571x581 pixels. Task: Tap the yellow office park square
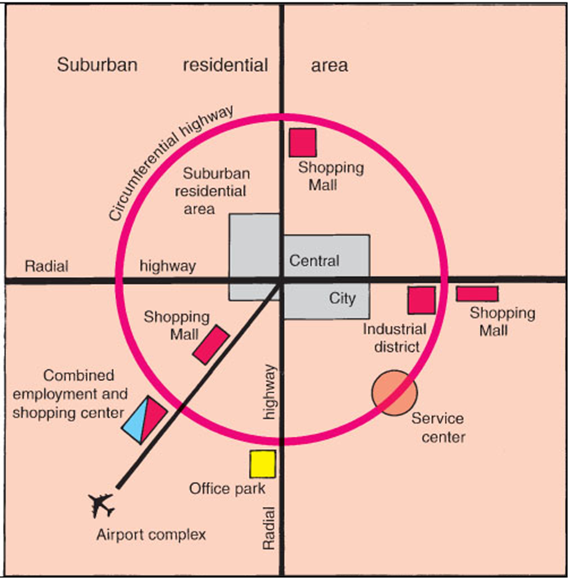coord(263,464)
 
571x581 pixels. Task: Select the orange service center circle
coord(395,392)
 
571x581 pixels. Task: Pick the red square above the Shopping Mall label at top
coord(303,141)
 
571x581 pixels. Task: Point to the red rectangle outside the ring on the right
coord(477,294)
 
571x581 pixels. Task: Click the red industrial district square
coord(421,300)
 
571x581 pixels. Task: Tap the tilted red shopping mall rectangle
coord(211,345)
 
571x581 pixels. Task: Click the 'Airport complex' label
coord(152,535)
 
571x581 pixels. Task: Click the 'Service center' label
coord(438,428)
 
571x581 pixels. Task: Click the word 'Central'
coord(314,260)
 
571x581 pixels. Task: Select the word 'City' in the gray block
coord(342,297)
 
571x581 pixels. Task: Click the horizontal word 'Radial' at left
coord(46,266)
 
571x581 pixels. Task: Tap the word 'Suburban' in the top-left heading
coord(97,65)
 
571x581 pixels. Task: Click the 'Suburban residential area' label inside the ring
coord(216,191)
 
